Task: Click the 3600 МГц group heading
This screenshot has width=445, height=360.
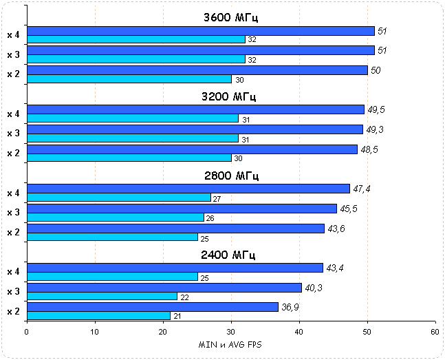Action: [230, 18]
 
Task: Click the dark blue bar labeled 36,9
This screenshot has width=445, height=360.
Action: [152, 307]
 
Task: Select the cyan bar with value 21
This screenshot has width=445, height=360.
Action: [98, 316]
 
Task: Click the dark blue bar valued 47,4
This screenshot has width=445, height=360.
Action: [188, 189]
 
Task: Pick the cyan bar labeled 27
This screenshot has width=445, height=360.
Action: [118, 198]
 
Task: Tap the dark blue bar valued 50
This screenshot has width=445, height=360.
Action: [197, 70]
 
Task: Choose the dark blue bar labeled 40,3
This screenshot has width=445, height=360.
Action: [164, 287]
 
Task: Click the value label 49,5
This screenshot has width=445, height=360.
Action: [376, 109]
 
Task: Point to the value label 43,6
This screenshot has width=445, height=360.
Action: [336, 229]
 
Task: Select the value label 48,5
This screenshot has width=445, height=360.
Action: [369, 149]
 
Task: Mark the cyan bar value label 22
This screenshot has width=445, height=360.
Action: [185, 297]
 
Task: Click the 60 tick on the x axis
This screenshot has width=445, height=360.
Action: [435, 331]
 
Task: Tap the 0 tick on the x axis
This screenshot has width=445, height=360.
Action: [27, 331]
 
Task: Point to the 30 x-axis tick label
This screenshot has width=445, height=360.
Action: [230, 331]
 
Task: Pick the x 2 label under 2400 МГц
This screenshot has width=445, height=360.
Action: [13, 312]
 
